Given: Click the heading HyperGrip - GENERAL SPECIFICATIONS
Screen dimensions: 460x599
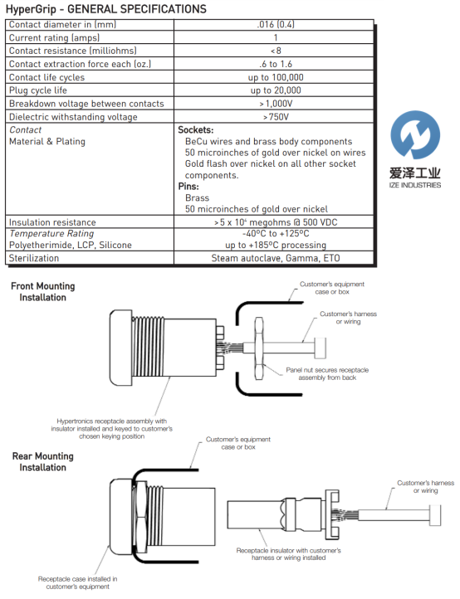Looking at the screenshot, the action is point(106,9).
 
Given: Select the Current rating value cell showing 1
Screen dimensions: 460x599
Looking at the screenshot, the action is point(276,37).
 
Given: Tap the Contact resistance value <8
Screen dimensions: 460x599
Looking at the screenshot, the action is point(276,51).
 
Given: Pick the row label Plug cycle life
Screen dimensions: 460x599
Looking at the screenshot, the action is point(38,90).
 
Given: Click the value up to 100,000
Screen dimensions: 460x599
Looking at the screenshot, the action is point(276,77).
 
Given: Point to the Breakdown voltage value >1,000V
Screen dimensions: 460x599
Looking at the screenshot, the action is point(276,104).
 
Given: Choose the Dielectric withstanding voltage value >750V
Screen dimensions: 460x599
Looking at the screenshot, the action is point(276,117).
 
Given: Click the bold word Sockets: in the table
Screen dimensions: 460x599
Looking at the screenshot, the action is point(195,130).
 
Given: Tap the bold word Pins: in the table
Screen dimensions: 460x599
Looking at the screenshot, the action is point(188,187).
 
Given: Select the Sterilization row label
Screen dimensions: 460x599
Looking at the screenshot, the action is point(34,258).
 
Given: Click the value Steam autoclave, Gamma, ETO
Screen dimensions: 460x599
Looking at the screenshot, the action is point(276,258).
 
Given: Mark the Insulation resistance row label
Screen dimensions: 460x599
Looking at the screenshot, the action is point(52,222).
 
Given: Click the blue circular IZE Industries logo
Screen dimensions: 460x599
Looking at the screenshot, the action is point(415,135).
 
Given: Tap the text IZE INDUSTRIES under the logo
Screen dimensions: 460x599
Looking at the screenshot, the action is point(415,185).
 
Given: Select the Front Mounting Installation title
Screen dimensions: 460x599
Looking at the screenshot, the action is point(43,292).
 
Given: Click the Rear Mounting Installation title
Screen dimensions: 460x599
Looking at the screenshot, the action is point(43,462).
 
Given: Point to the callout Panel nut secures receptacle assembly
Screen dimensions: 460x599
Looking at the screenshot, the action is point(327,374).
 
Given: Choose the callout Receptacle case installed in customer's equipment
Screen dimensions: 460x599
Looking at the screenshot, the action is point(77,583).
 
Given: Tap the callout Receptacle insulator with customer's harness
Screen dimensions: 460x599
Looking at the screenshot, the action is point(289,554).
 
